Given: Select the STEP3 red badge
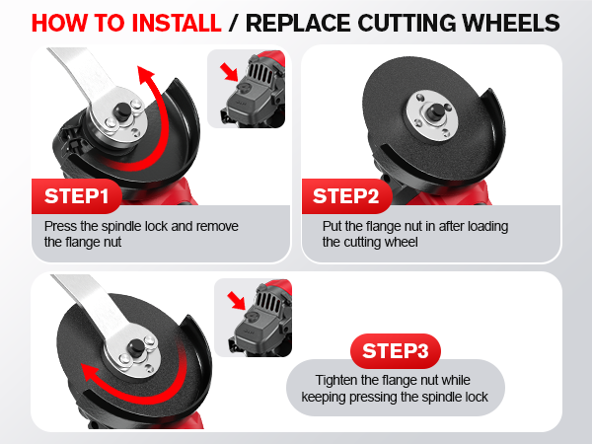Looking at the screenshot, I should (395, 350).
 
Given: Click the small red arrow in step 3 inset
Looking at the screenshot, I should (234, 298).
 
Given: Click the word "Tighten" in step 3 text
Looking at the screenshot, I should (336, 381).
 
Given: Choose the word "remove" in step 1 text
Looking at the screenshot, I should (217, 226).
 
